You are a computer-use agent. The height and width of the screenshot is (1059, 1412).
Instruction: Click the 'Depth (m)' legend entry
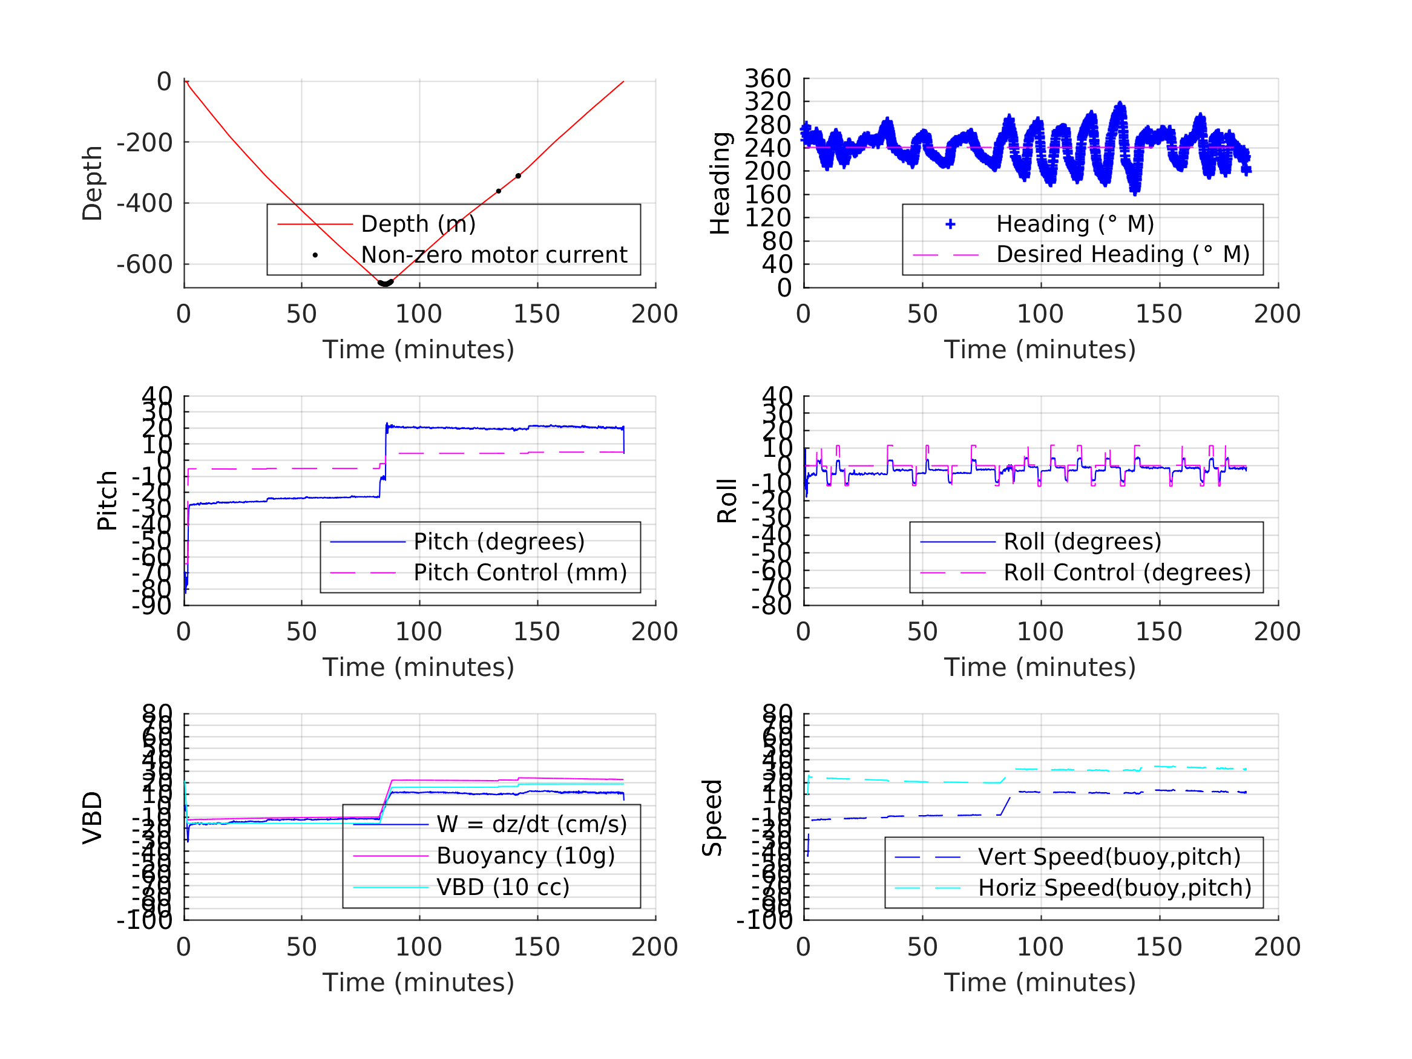click(x=418, y=224)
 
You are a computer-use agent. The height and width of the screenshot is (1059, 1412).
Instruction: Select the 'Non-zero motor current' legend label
click(x=494, y=255)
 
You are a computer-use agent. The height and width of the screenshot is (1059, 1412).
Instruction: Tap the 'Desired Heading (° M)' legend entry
click(x=1123, y=254)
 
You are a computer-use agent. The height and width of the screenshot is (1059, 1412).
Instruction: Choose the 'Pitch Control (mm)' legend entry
click(x=520, y=572)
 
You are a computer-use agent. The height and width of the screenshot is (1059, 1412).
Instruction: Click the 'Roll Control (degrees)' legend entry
click(x=1128, y=572)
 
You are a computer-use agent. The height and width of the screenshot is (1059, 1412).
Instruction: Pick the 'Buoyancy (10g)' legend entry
click(x=525, y=856)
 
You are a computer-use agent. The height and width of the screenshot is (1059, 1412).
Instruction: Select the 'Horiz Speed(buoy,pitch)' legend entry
click(x=1115, y=888)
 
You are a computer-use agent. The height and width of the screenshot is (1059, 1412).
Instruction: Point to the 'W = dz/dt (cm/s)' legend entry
click(x=532, y=825)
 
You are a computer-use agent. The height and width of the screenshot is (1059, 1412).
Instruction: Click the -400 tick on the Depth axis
click(x=144, y=203)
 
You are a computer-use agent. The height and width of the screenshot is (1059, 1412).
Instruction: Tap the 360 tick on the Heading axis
click(x=768, y=79)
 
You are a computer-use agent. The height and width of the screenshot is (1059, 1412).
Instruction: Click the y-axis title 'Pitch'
click(x=107, y=500)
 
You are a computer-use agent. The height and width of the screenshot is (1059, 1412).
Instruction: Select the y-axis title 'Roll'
click(x=727, y=500)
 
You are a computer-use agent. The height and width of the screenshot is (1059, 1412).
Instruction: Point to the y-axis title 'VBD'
click(x=93, y=818)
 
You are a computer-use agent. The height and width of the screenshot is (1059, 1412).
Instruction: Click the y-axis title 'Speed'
click(x=712, y=818)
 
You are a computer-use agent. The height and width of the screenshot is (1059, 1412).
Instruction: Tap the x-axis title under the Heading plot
click(x=1040, y=350)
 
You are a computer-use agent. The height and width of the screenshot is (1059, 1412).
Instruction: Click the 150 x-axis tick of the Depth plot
click(x=537, y=314)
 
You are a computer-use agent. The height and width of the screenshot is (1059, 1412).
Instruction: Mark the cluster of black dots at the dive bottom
click(x=385, y=283)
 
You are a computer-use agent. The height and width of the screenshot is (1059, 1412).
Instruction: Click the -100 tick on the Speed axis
click(x=764, y=920)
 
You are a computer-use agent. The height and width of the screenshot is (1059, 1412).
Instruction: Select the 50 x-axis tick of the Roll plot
click(x=922, y=632)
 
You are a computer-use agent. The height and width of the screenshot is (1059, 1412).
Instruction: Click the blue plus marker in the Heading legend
click(x=950, y=224)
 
